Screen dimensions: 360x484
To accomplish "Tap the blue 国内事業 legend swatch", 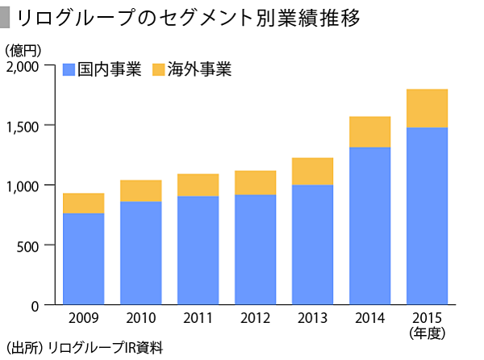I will click(x=69, y=69).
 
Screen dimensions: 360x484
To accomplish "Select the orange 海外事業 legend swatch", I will click(x=158, y=69).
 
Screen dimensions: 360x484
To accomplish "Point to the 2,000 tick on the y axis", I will click(x=31, y=67).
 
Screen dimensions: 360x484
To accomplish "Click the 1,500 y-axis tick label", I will click(x=31, y=126).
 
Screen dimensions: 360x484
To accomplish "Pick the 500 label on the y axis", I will click(x=37, y=245).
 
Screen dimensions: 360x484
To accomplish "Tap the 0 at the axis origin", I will click(x=45, y=305).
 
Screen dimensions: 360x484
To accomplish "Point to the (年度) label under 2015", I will click(x=427, y=332).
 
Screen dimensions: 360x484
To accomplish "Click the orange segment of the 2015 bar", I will click(x=427, y=108).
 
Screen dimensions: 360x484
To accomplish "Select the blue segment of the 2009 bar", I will click(x=83, y=258).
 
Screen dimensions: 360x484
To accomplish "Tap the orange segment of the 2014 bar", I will click(x=369, y=132).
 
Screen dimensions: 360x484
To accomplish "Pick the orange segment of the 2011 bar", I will click(x=198, y=185).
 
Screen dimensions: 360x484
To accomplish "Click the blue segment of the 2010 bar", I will click(x=140, y=253).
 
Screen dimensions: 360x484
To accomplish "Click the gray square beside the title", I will click(x=6, y=17).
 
